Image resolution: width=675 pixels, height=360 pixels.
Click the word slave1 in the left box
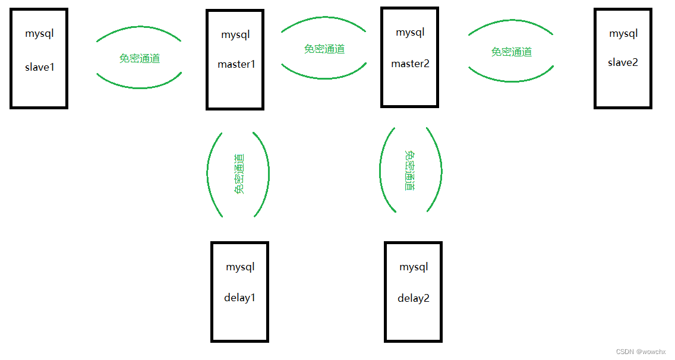coord(39,67)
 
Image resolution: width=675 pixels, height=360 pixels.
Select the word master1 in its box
coord(236,64)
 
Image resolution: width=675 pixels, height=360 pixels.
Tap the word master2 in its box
coord(410,64)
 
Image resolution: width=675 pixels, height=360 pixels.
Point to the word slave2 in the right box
coord(623,62)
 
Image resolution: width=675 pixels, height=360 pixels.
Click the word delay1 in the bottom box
coord(239,298)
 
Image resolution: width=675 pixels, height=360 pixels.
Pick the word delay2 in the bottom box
coord(413,298)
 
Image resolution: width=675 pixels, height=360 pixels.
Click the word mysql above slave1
coord(39,33)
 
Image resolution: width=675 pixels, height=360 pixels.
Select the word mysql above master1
coord(235,34)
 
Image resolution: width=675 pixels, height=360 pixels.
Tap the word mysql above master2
coord(410,32)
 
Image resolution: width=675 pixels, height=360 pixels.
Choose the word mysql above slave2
coord(623,33)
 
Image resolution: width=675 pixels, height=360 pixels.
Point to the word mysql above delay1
coord(240,267)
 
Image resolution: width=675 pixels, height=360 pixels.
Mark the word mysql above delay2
coord(414,267)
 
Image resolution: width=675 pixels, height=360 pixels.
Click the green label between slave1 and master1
coord(140,58)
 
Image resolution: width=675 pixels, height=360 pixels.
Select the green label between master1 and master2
coord(324,49)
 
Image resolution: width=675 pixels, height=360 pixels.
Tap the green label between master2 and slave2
coord(512,52)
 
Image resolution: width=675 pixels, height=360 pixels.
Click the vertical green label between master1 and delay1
coord(239,173)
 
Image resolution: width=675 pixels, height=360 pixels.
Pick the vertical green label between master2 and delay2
coord(409,170)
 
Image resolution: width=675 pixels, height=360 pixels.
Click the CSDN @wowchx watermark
coord(641,352)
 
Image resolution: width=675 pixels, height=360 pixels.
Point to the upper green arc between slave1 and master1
coord(139,27)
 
